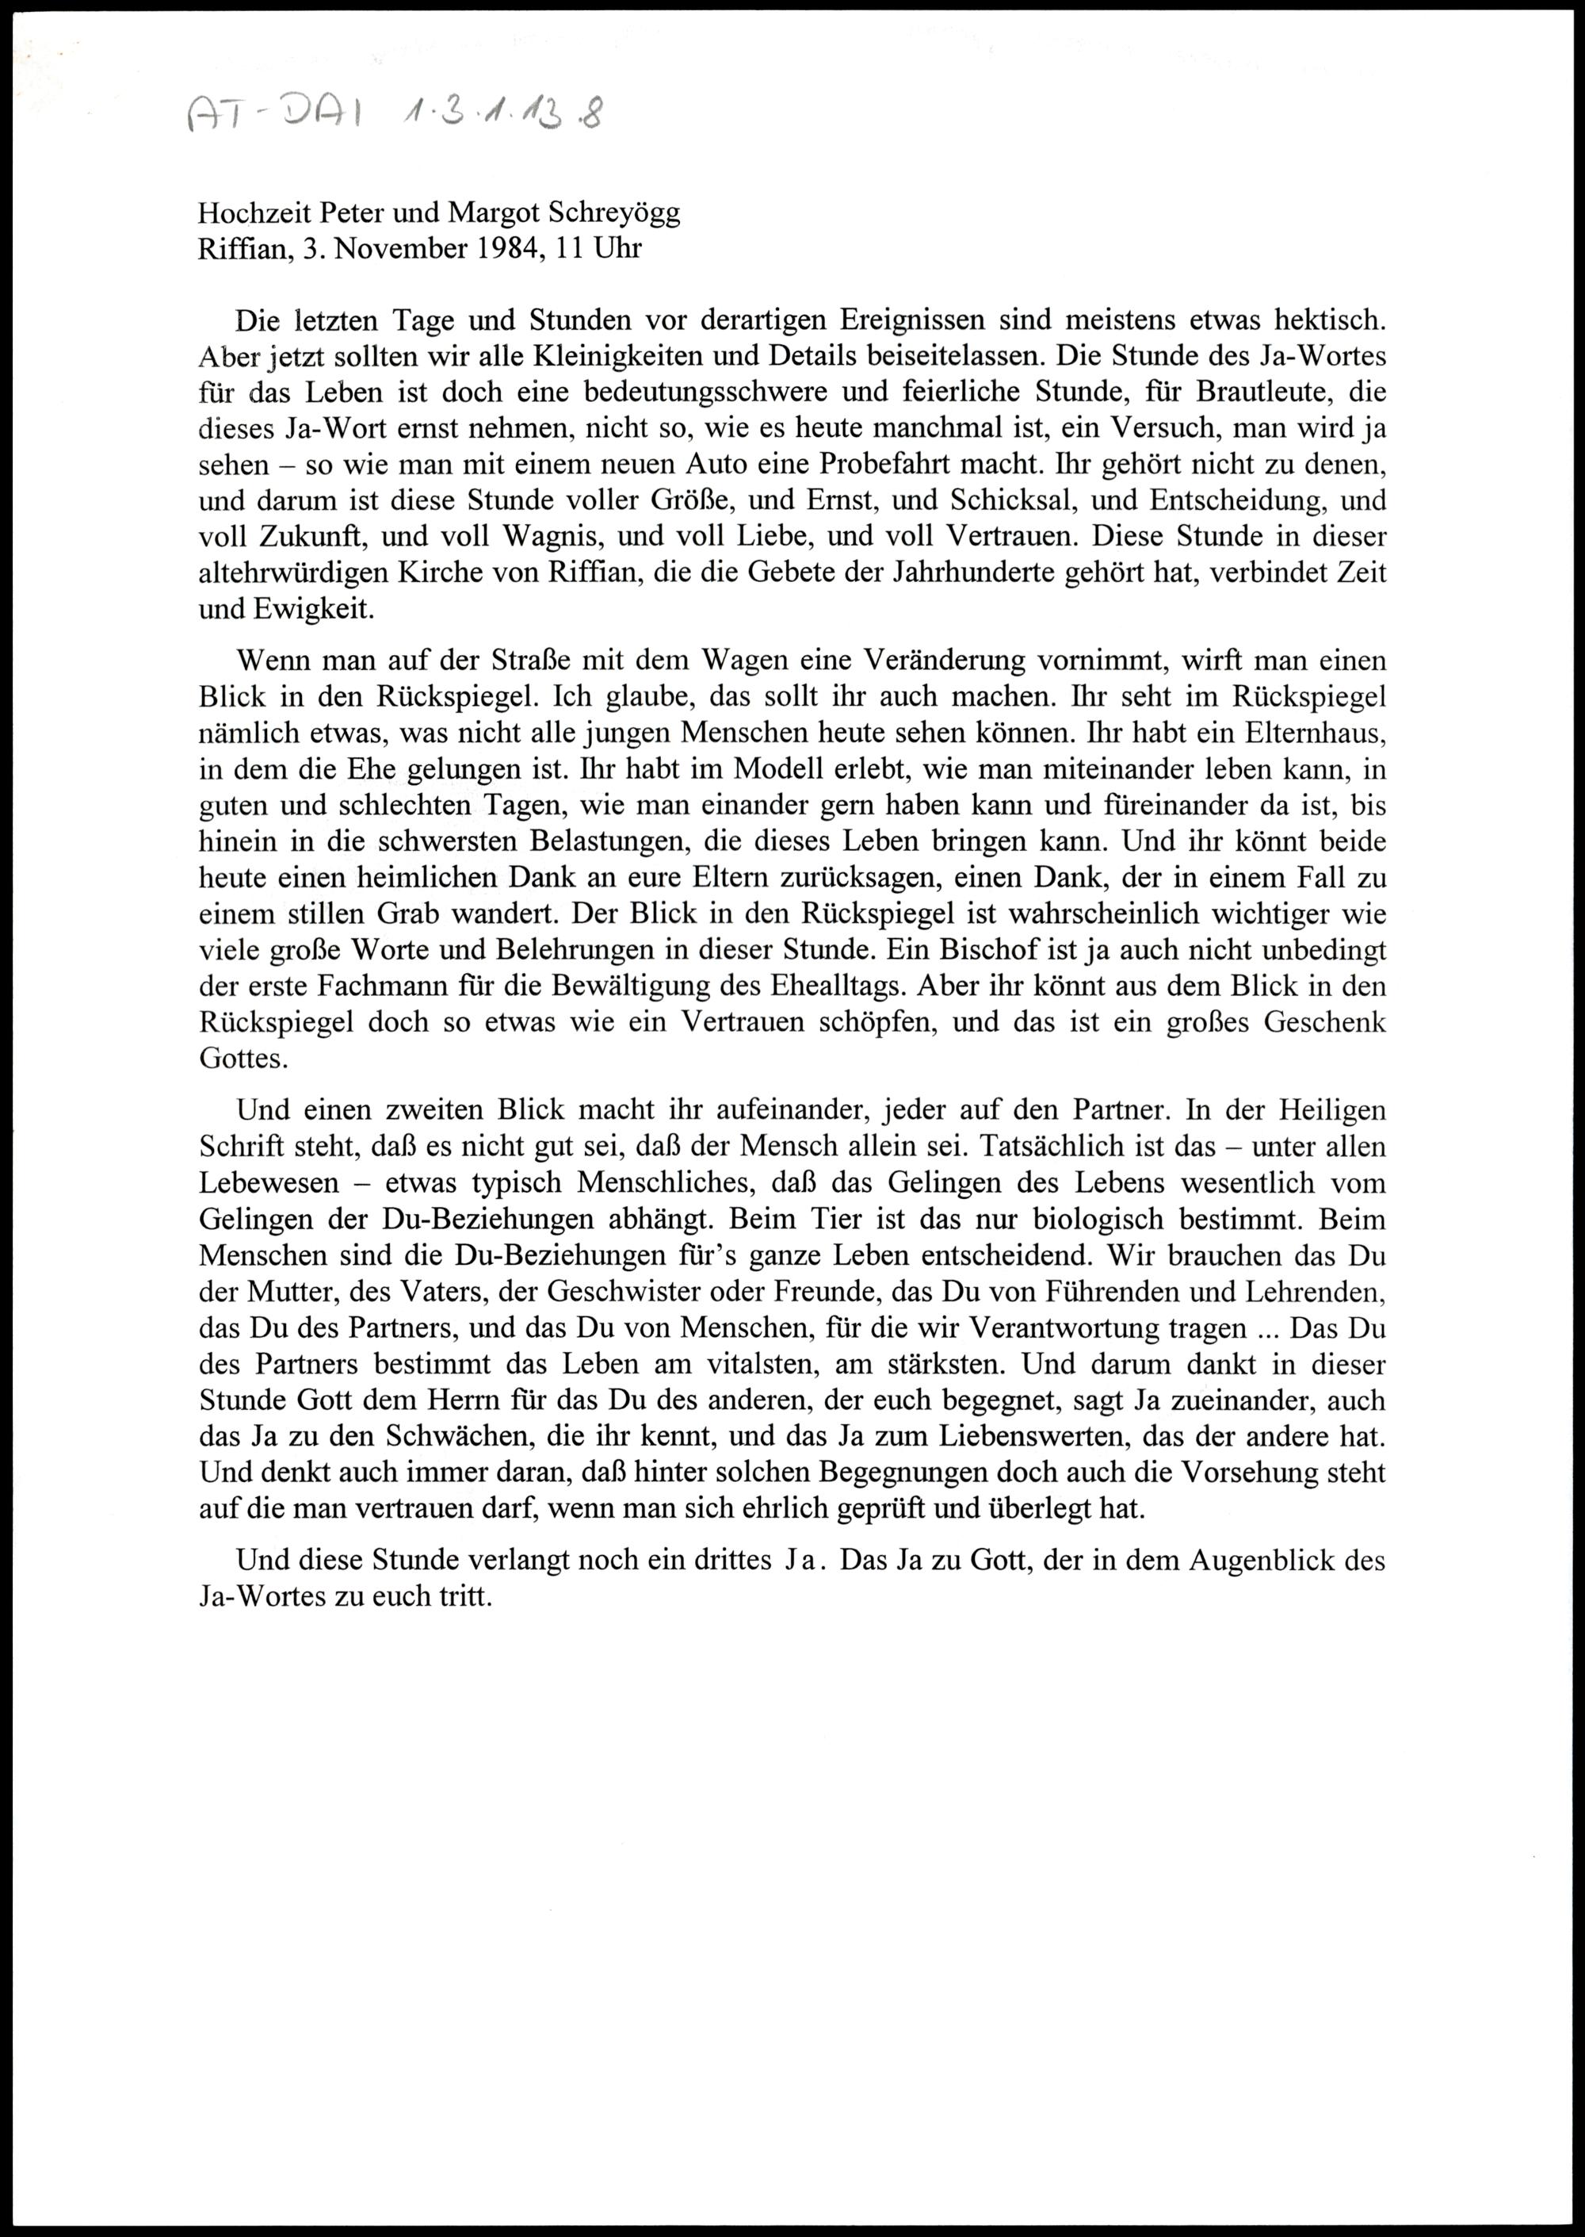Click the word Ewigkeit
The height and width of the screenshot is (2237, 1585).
point(307,609)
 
